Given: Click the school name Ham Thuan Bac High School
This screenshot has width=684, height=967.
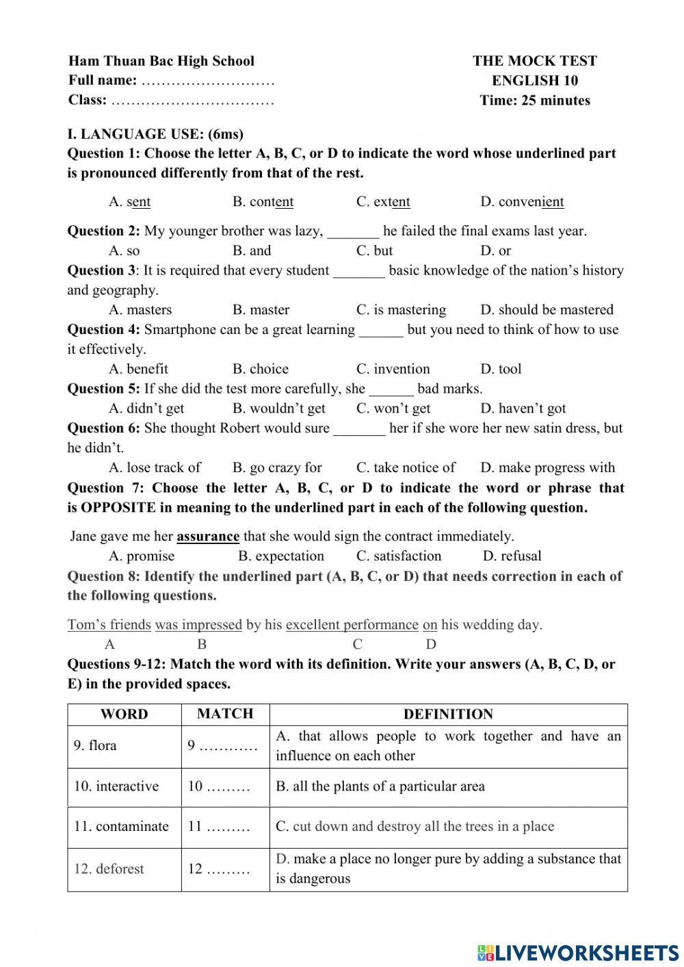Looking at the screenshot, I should [x=161, y=61].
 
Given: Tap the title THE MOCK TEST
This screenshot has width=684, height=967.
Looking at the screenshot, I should [x=534, y=61].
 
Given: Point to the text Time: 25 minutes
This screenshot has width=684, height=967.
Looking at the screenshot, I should [x=534, y=101].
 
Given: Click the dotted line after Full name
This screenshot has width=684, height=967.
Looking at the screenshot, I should [x=207, y=81].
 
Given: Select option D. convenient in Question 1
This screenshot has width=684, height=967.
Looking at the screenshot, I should [x=522, y=202].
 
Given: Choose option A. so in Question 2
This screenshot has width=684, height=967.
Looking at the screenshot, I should [x=124, y=250].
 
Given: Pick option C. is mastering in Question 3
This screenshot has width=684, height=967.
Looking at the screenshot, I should [x=401, y=309].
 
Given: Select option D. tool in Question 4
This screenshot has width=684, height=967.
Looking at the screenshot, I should [x=501, y=369].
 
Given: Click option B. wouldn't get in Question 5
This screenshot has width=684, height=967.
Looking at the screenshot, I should [x=278, y=409].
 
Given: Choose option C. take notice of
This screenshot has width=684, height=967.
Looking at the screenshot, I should [x=406, y=467].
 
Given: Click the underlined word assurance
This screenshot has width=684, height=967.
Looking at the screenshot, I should [x=208, y=537].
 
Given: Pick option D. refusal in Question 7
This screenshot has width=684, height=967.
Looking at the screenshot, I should [x=512, y=556].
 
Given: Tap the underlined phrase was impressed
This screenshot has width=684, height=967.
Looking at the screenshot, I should [x=198, y=625].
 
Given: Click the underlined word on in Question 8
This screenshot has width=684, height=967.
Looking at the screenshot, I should [x=430, y=625].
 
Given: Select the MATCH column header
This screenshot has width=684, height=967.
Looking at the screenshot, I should [x=225, y=714].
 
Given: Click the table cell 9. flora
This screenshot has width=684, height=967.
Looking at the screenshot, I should [x=95, y=745].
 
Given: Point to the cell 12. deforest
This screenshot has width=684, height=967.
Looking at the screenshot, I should [x=109, y=869].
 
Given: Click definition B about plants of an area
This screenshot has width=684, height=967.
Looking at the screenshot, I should [x=380, y=786].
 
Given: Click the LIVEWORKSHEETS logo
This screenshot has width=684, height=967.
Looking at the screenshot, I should [x=577, y=952].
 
